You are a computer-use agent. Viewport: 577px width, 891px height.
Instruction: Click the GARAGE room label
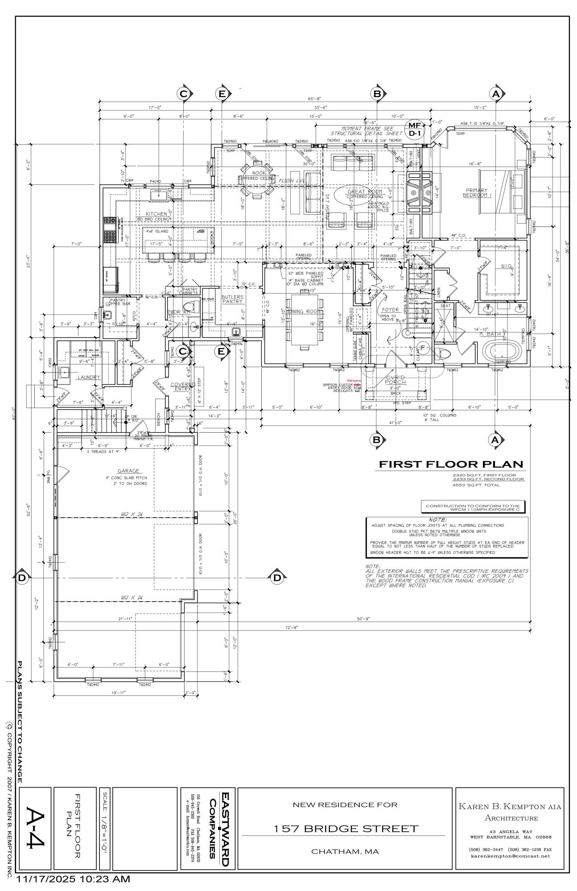tap(128, 470)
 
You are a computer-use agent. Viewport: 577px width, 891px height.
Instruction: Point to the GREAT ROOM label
tap(365, 192)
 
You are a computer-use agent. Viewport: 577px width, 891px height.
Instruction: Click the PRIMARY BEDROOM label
tap(477, 192)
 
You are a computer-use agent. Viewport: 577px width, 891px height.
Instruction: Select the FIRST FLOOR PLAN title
tap(451, 464)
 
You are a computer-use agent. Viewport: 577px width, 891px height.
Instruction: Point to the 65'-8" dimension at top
tap(314, 99)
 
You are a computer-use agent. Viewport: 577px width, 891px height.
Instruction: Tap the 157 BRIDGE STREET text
tap(346, 829)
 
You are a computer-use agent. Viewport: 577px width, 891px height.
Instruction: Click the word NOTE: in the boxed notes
tap(437, 520)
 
